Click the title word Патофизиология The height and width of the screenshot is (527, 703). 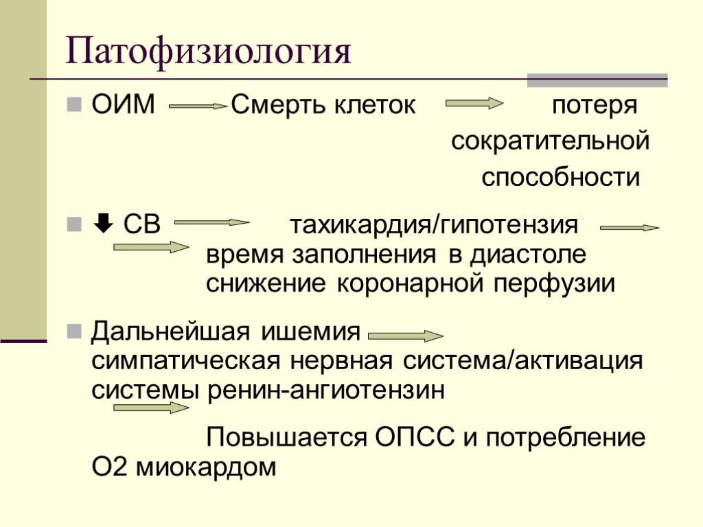coord(208,54)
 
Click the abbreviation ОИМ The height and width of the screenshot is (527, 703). coord(124,106)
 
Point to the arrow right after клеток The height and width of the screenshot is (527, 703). coord(474,104)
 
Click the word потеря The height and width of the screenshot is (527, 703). coord(595,106)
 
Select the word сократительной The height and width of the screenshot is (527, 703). coord(550,142)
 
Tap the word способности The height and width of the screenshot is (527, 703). coord(560,178)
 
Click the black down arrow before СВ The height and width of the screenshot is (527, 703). coord(100,224)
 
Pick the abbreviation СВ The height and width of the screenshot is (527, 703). coord(142,224)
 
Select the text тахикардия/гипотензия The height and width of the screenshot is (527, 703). coord(434,224)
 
